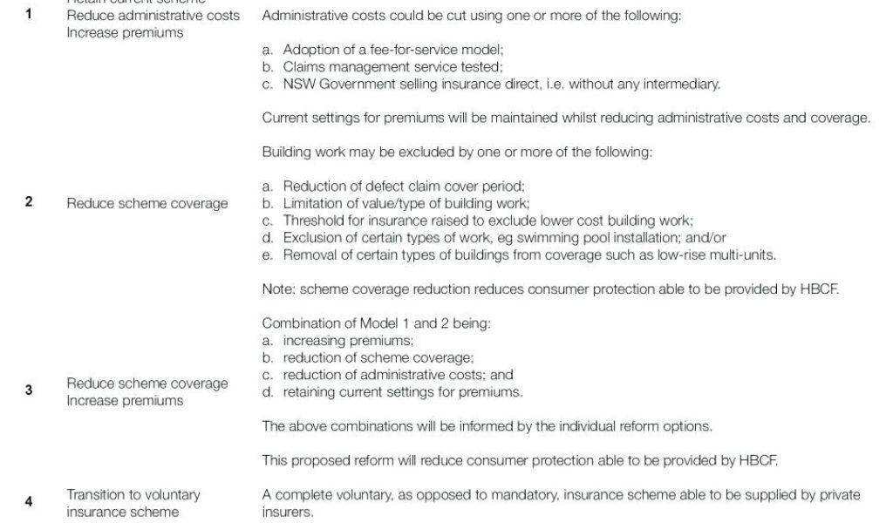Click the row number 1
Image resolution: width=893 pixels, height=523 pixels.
click(29, 16)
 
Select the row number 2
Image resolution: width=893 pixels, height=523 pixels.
click(29, 202)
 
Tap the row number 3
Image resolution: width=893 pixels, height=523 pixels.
click(29, 391)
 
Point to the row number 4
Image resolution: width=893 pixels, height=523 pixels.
click(29, 501)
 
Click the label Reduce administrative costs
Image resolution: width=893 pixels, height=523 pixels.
click(153, 16)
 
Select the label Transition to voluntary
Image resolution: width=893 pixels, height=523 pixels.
click(133, 494)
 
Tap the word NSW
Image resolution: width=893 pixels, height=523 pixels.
click(298, 84)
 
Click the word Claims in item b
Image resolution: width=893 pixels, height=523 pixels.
click(302, 67)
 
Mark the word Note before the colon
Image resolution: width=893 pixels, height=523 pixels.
click(276, 289)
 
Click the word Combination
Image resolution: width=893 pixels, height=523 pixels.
click(299, 323)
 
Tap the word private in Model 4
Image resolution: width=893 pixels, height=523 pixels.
click(839, 495)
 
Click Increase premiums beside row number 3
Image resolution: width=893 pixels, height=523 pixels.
click(125, 400)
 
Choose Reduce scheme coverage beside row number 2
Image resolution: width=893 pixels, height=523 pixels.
click(147, 203)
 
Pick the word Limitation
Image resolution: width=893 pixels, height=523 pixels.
click(312, 203)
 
